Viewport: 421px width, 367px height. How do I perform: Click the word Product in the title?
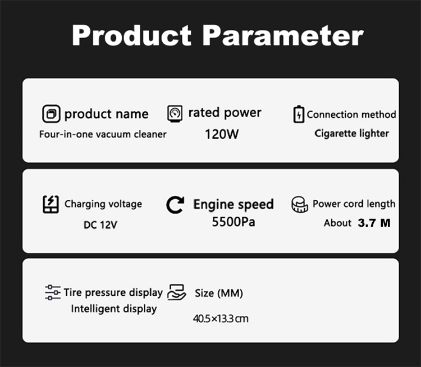click(x=131, y=35)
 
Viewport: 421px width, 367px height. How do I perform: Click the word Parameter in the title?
click(x=283, y=35)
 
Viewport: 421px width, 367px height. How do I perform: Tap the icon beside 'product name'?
click(x=51, y=113)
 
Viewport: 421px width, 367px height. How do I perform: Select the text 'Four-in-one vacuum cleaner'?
click(x=103, y=134)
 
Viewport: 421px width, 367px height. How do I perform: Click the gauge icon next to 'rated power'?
click(x=175, y=113)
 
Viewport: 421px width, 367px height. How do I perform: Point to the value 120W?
click(x=222, y=134)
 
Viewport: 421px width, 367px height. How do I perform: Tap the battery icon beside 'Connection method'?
click(x=299, y=114)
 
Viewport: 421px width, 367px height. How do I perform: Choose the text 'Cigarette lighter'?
click(x=352, y=134)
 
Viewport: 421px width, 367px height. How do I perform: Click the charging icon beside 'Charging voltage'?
click(x=51, y=204)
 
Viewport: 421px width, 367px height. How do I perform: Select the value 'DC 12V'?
click(x=100, y=224)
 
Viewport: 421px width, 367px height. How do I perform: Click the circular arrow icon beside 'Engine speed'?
click(x=175, y=205)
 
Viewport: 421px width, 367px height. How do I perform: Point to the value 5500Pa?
click(x=234, y=222)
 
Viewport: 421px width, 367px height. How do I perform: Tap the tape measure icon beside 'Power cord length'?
click(x=300, y=205)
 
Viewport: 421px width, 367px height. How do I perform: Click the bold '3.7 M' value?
click(x=374, y=223)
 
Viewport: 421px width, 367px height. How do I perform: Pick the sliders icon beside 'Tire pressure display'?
click(x=53, y=292)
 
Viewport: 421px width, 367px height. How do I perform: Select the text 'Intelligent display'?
click(x=114, y=309)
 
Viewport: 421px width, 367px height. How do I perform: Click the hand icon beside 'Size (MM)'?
click(x=176, y=292)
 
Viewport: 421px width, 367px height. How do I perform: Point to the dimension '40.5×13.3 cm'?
click(x=221, y=319)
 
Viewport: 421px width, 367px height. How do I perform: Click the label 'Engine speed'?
click(x=234, y=204)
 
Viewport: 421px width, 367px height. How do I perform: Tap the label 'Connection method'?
click(x=351, y=114)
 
